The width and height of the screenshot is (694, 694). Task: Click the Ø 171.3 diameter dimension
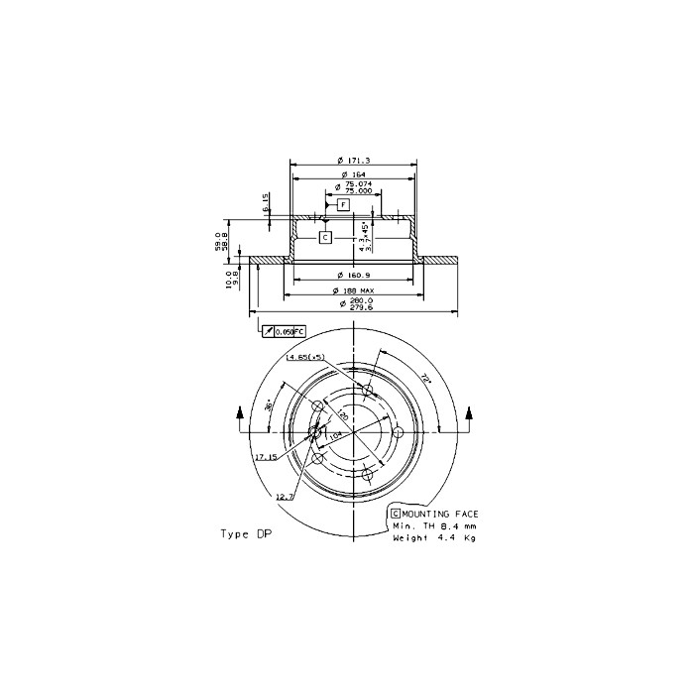pos(353,160)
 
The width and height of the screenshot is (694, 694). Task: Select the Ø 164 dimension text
pos(353,173)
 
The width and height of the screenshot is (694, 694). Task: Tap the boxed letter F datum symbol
pos(343,205)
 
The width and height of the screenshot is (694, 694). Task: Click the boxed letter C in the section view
pos(324,238)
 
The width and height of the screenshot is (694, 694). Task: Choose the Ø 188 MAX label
pos(353,289)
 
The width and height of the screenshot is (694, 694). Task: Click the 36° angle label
pos(268,405)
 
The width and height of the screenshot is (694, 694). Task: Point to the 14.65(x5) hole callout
pos(306,357)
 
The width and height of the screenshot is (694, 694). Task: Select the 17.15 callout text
pos(265,458)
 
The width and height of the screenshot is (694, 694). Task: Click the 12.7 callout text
pos(285,497)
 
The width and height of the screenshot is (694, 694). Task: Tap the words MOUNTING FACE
pos(440,513)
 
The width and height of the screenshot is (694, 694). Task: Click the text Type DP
pos(245,533)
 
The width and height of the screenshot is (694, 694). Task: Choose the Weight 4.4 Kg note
pos(434,537)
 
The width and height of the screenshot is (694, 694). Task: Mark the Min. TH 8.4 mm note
pos(434,525)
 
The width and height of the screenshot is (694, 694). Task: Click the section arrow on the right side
pos(470,414)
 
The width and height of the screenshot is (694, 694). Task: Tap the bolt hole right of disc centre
pos(399,433)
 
